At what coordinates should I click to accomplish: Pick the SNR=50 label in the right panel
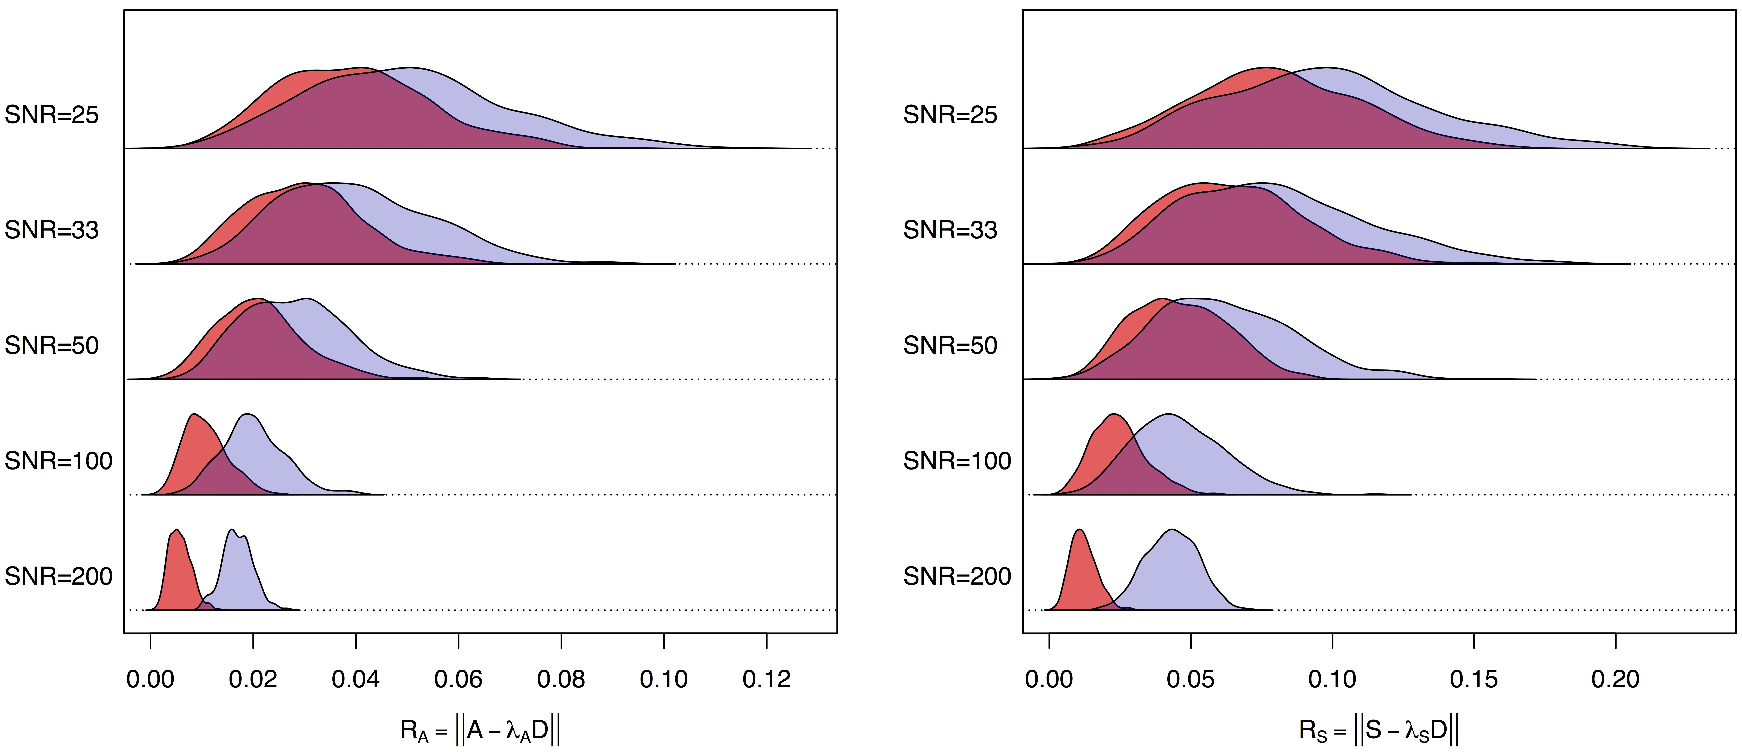(x=950, y=346)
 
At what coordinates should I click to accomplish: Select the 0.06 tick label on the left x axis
(x=458, y=679)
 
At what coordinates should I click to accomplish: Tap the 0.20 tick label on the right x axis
(x=1616, y=679)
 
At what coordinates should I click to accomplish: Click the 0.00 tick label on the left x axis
(x=150, y=679)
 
